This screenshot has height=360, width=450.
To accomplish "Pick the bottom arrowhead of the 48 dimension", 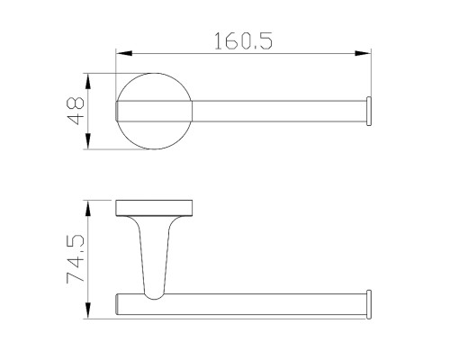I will (x=88, y=146).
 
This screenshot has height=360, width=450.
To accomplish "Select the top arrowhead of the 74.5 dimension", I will (x=88, y=203).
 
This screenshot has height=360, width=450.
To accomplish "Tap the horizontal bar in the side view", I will (x=261, y=303).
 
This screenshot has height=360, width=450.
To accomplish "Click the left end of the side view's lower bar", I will (x=120, y=303).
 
